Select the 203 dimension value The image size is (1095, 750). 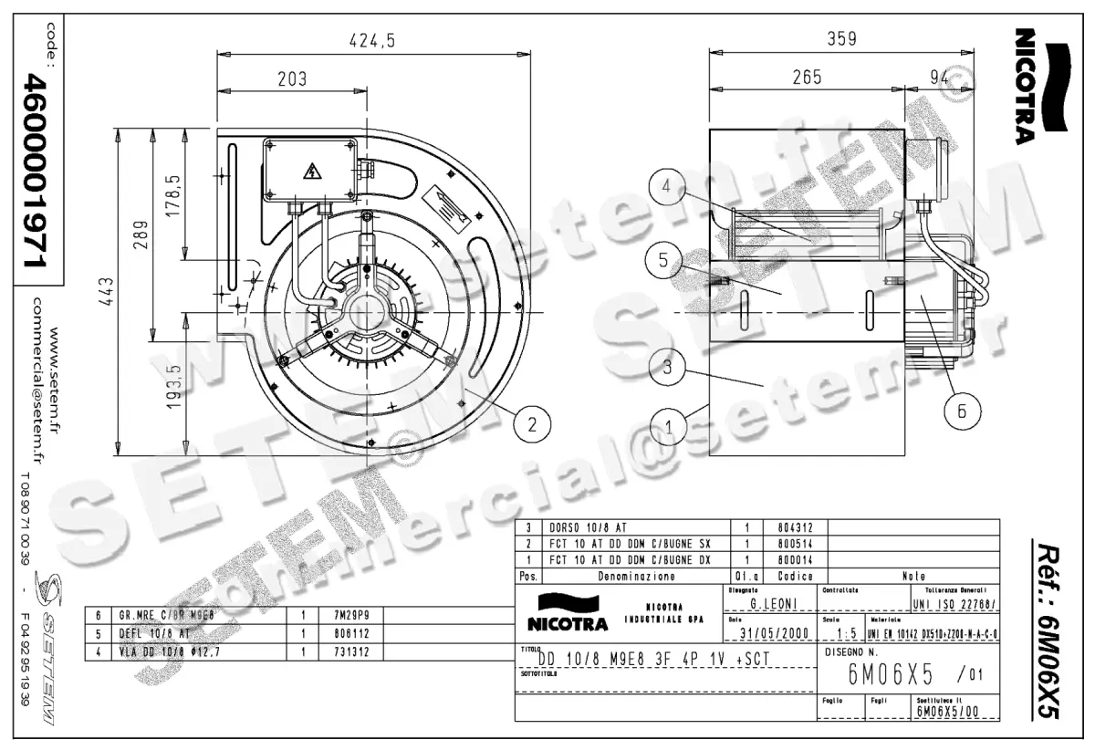pos(291,78)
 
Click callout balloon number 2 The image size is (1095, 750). pos(533,422)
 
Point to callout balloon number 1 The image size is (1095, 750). pos(670,425)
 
